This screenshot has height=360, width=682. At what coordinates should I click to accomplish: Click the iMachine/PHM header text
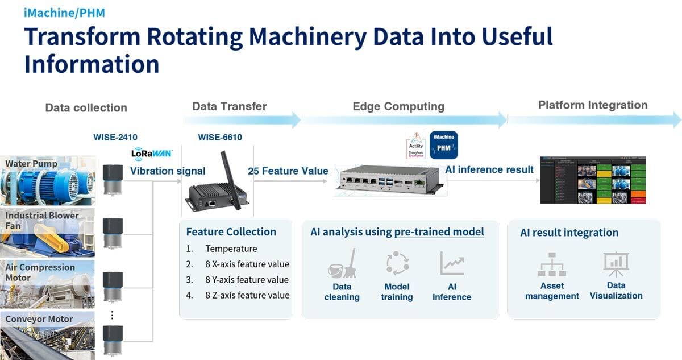(x=64, y=13)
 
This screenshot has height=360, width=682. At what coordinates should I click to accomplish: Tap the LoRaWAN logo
(x=151, y=154)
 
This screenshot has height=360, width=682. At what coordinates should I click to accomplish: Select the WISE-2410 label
(x=115, y=137)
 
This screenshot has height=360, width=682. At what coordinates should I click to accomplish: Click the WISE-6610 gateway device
(x=210, y=196)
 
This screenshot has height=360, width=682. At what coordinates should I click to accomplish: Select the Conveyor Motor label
(x=39, y=319)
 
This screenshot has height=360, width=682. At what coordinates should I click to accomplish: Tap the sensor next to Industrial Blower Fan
(x=113, y=233)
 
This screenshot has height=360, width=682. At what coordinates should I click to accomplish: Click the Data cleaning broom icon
(x=342, y=263)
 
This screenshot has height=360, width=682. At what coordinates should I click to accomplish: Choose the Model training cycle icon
(x=397, y=263)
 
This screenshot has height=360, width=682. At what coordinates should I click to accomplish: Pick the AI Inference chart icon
(x=451, y=263)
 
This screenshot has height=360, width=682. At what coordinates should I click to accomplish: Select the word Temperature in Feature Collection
(x=231, y=249)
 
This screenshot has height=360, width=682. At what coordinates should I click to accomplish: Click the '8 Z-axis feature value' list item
(x=247, y=295)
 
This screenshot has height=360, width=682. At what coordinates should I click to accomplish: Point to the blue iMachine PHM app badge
(x=443, y=145)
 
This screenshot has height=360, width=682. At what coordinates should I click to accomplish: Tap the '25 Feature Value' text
(x=288, y=171)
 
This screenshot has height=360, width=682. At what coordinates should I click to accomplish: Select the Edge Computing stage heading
(x=398, y=106)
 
